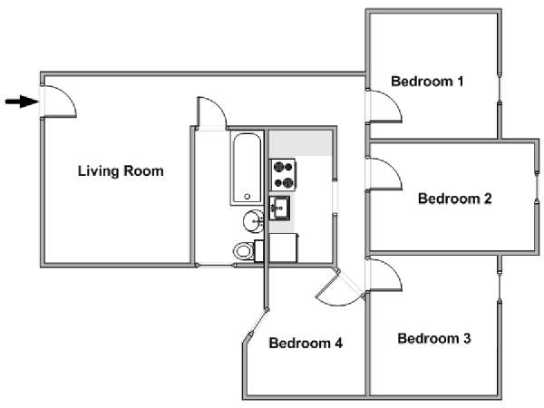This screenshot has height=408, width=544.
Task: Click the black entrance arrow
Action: click(22, 102)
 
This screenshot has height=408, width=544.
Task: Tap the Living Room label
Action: click(121, 171)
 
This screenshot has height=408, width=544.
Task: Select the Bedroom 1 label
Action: click(427, 82)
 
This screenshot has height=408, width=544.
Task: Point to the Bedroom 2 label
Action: click(455, 199)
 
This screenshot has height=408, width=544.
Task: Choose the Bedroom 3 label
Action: click(434, 338)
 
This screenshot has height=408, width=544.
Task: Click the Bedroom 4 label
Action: click(306, 343)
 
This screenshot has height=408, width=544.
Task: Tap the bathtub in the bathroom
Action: click(247, 168)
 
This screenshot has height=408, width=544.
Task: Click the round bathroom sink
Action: click(253, 221)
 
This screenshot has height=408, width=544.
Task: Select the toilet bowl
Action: click(243, 251)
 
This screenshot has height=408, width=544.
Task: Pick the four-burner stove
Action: click(283, 175)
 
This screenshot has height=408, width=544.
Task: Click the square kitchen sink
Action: click(279, 208)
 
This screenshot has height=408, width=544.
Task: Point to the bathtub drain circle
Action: click(248, 197)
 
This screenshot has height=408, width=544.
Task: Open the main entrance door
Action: click(59, 101)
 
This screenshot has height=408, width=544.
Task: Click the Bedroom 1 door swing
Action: click(384, 106)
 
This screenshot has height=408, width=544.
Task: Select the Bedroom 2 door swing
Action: click(384, 174)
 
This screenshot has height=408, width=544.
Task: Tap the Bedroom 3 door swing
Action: click(384, 275)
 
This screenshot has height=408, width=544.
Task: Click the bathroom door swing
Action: click(211, 113)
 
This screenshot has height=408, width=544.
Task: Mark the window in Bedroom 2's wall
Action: click(537, 188)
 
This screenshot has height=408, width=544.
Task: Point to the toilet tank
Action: click(258, 251)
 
